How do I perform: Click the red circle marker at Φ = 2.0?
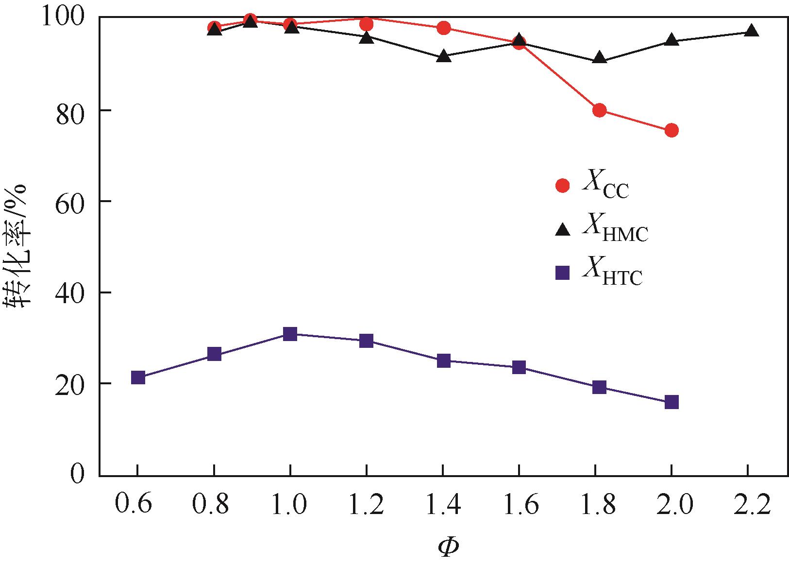tap(671, 130)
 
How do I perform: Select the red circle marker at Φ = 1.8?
tap(599, 110)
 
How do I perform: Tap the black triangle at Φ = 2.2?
tap(751, 31)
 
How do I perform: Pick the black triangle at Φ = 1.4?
tap(443, 56)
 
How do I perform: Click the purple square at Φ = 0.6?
tap(138, 377)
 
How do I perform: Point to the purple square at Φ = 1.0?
tap(290, 334)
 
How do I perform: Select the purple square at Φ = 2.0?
tap(671, 402)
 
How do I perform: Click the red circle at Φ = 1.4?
tap(443, 28)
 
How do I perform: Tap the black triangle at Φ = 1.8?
tap(599, 58)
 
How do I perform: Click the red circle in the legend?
tap(563, 185)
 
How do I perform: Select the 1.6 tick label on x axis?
tap(519, 506)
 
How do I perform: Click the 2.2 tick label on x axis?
tap(751, 506)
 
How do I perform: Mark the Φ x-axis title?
tap(448, 547)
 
